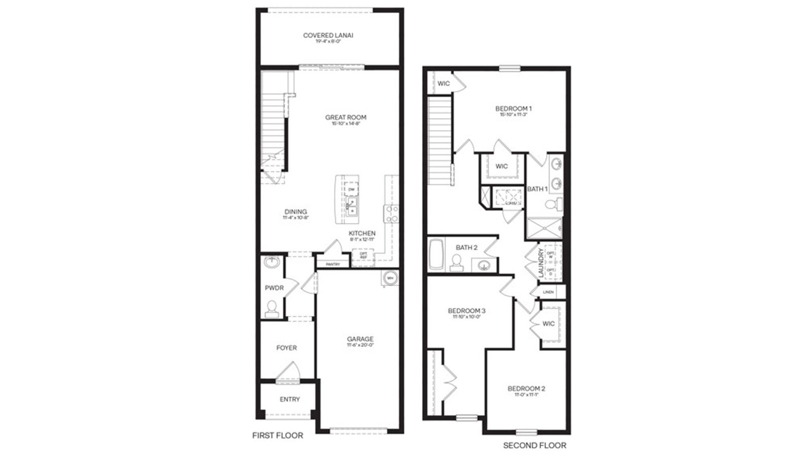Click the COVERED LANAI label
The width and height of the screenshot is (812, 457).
pos(328,36)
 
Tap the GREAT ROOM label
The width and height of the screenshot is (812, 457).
pos(346,117)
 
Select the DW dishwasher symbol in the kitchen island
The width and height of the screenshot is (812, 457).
pos(351,189)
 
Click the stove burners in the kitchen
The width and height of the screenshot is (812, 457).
pos(391,214)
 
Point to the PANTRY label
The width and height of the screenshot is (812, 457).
pos(333,265)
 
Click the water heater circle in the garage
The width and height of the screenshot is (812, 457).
pos(390,278)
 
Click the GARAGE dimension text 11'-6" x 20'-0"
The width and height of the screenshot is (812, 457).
pos(360,345)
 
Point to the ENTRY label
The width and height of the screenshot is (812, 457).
pos(290,400)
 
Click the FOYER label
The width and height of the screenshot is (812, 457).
pos(286,348)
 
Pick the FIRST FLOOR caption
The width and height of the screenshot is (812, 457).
pos(278,436)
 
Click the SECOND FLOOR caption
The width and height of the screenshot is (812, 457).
pos(534,446)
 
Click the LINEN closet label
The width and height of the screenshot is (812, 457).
pos(548,292)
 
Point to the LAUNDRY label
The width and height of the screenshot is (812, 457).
pos(541,263)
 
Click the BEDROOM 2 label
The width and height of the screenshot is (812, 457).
pos(526,389)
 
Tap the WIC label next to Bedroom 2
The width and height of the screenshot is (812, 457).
pos(548,324)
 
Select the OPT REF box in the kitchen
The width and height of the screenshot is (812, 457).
pos(363,255)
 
